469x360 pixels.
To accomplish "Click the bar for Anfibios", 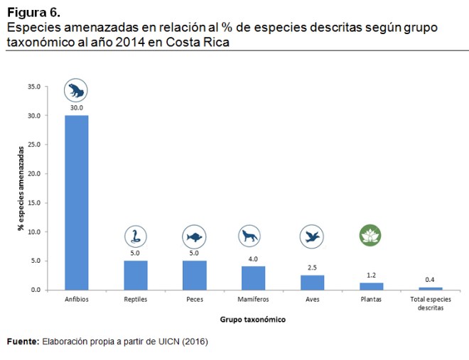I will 77,202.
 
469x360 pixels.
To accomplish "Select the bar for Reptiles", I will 136,276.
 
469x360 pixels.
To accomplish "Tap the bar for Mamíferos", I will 253,278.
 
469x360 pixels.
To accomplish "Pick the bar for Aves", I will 312,283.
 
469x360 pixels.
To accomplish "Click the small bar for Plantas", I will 371,286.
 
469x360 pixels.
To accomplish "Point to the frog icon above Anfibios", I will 76,90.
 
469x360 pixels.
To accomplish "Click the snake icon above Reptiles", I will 135,236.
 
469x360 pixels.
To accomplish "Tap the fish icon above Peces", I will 194,236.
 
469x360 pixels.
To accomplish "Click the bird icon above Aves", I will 312,236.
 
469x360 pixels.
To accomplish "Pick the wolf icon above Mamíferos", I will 253,236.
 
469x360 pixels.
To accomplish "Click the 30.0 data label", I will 77,108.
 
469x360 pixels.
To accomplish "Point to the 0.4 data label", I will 430,280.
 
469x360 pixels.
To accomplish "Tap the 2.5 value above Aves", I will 312,267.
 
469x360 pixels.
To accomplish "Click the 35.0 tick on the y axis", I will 33,87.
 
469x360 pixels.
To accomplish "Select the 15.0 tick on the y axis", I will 33,203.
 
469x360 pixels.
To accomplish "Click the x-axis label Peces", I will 194,300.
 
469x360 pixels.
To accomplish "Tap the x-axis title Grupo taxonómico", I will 252,320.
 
